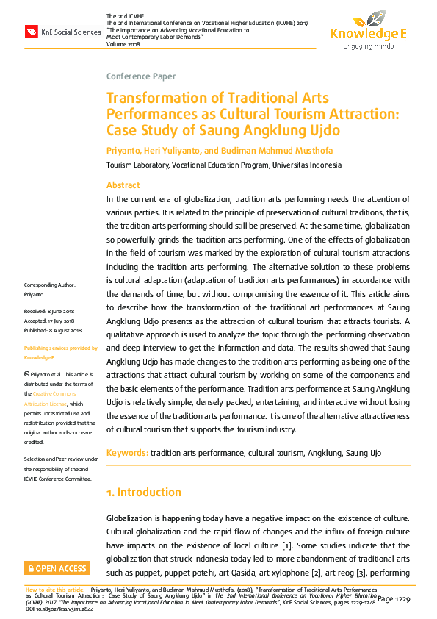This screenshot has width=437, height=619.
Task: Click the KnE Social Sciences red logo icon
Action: click(x=32, y=32)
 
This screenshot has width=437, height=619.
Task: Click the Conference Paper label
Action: click(x=141, y=76)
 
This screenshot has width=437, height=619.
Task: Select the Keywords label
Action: click(x=127, y=453)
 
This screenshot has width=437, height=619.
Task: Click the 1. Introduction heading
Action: click(x=144, y=493)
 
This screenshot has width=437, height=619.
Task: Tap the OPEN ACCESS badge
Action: click(x=57, y=568)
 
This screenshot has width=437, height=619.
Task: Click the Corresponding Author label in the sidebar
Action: click(x=49, y=285)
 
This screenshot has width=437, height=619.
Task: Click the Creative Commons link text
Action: click(x=63, y=395)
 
